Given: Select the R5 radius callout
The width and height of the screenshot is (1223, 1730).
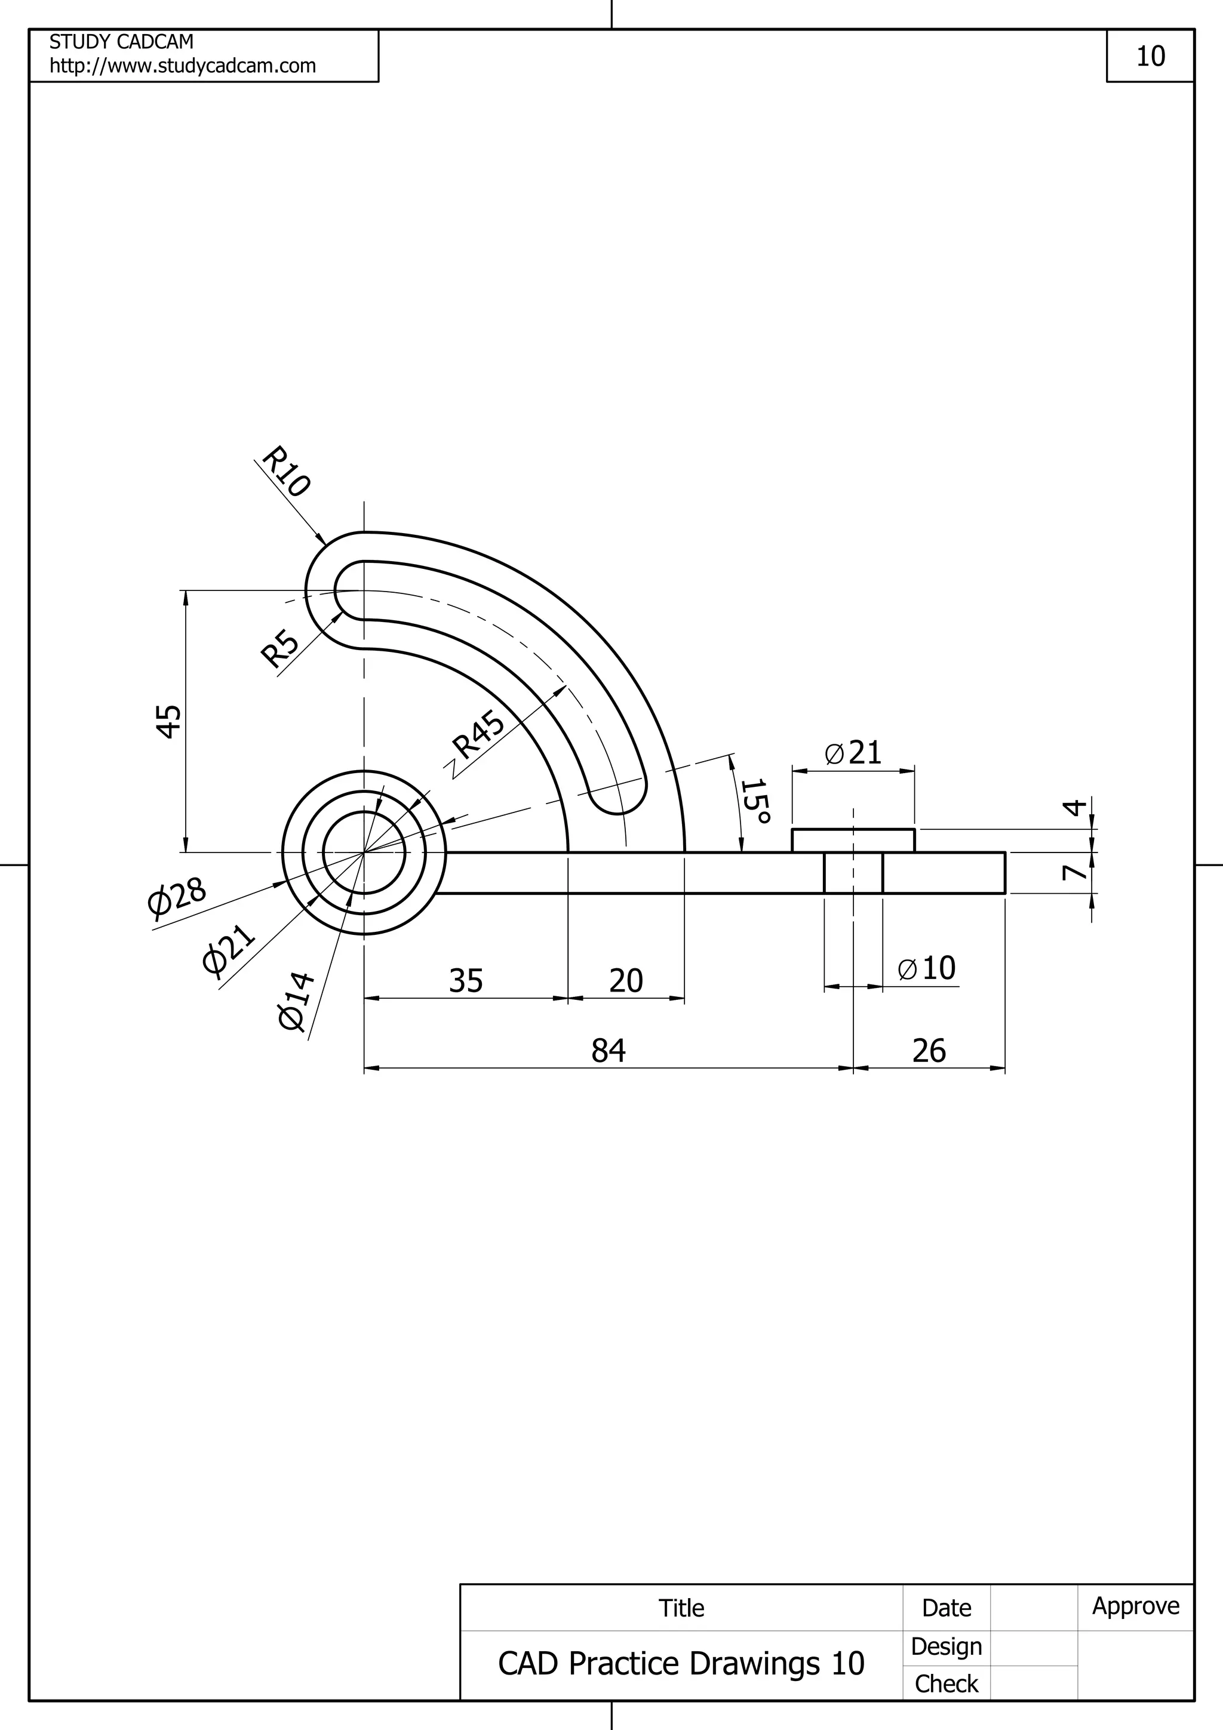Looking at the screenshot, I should [x=279, y=649].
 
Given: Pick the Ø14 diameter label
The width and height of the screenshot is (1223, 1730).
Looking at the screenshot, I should [x=296, y=1001].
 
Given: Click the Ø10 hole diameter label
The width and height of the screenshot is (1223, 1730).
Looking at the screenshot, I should [x=927, y=968].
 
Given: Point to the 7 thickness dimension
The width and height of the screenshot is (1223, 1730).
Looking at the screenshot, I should [x=1074, y=873].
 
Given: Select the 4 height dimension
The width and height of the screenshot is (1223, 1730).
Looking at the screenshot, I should [x=1074, y=807].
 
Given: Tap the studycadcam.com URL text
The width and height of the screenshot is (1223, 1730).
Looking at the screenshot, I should [x=182, y=66].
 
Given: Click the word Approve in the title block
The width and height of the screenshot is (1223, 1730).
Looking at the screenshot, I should [x=1136, y=1606].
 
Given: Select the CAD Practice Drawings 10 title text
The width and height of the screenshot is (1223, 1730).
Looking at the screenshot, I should [x=681, y=1663].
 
